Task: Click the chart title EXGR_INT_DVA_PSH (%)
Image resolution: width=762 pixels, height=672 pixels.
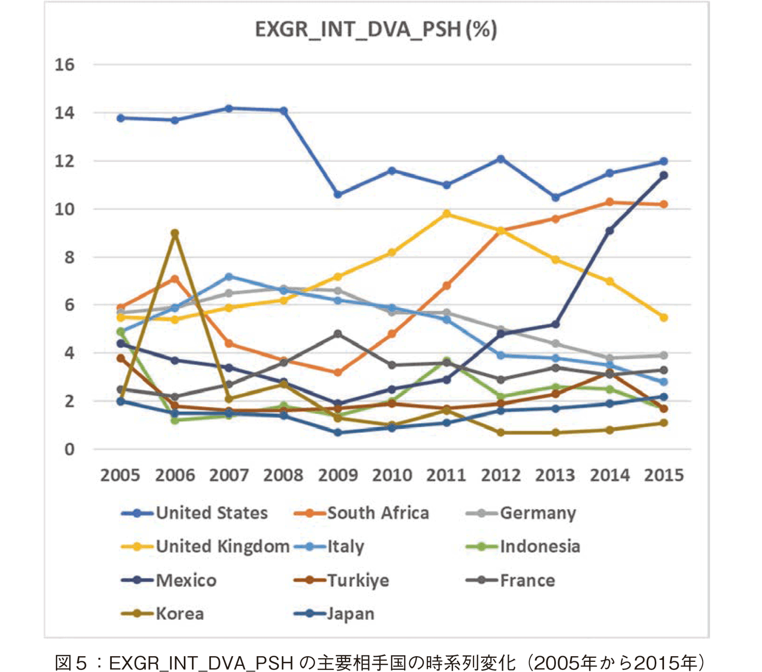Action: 376,29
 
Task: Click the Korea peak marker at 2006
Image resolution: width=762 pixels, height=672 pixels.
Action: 175,233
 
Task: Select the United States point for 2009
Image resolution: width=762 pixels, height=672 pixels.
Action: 338,195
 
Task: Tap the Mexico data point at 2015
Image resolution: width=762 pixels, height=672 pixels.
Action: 663,175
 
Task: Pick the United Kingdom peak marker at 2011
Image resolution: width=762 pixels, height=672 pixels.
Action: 447,214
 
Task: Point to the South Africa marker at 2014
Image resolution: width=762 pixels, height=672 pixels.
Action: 610,202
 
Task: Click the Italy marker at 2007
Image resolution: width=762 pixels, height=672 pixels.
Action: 229,276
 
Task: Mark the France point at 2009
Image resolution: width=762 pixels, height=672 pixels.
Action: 338,334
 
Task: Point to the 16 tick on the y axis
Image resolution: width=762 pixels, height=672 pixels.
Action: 65,65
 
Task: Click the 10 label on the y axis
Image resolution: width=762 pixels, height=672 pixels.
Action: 65,209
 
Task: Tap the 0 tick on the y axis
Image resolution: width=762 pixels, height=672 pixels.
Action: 69,450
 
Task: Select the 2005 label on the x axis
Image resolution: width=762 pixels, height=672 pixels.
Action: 120,475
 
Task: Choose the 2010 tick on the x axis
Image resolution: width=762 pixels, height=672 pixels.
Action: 392,475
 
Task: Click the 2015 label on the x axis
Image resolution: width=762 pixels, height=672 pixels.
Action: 664,475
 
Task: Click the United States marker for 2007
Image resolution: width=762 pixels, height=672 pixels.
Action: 229,108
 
